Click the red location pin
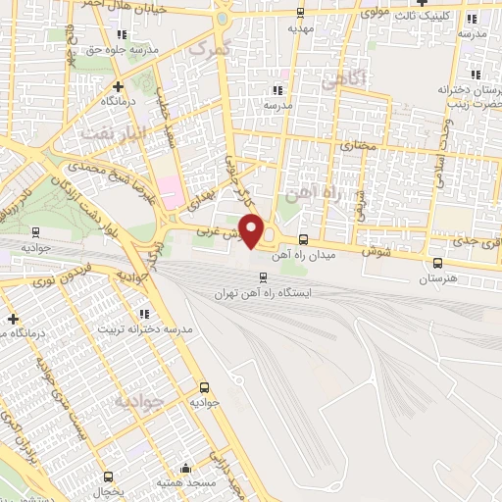(252, 230)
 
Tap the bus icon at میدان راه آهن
(302, 240)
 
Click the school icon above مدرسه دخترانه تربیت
(145, 314)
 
